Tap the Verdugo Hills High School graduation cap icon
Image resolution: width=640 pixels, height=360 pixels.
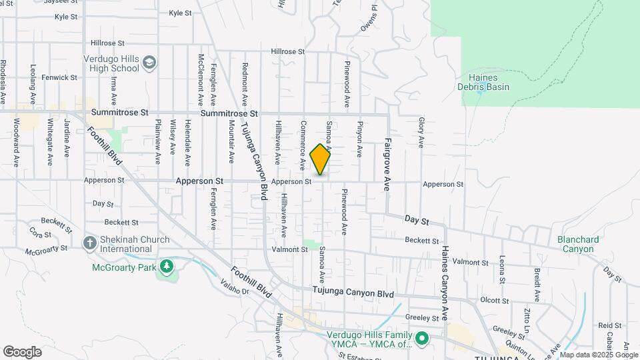tap(150, 63)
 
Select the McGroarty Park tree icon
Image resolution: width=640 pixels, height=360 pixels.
tap(166, 267)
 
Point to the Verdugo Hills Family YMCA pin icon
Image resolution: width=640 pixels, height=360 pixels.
tap(421, 339)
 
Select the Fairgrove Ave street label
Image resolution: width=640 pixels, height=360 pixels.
tap(387, 164)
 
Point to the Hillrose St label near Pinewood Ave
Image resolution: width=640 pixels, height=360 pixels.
tap(288, 51)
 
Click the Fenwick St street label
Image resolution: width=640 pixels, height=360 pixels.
tap(59, 77)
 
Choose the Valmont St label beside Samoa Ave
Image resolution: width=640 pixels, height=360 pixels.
tap(289, 249)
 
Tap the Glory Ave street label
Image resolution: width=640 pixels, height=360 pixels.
tap(421, 132)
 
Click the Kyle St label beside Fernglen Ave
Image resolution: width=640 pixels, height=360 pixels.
tap(180, 13)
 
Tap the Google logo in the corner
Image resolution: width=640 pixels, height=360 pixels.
tap(22, 352)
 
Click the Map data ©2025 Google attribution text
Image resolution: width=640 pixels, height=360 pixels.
tap(599, 355)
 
